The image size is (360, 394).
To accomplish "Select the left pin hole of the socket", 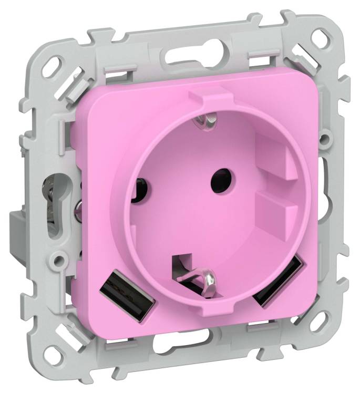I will coord(141,186).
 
